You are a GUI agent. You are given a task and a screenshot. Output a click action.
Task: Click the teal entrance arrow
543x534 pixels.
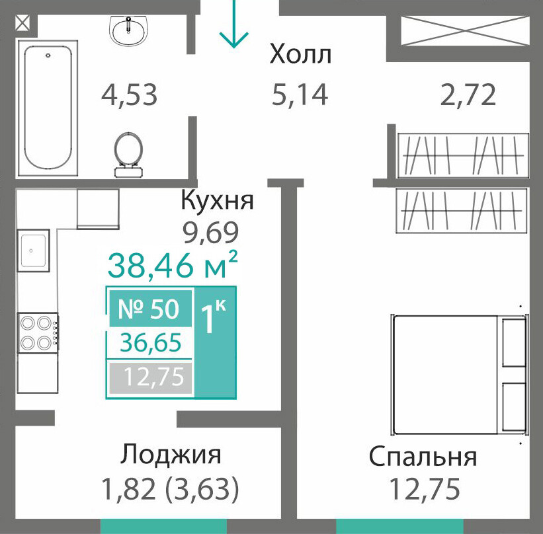click(234, 24)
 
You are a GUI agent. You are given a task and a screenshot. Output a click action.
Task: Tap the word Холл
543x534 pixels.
click(300, 54)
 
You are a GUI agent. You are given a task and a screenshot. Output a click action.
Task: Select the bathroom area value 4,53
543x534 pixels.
click(129, 95)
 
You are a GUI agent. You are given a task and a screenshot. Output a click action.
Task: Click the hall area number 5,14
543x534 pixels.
click(300, 95)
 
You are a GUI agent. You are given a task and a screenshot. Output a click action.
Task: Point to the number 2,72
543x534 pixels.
click(468, 95)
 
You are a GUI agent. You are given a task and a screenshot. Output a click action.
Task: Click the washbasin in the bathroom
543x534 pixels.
click(128, 31)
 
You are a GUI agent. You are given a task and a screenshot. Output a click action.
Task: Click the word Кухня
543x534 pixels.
click(218, 200)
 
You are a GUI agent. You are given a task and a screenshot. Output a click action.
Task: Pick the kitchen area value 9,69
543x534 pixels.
click(211, 232)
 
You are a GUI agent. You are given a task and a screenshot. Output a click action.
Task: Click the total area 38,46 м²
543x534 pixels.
click(173, 265)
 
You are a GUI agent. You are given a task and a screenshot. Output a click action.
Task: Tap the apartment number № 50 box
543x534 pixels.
click(151, 309)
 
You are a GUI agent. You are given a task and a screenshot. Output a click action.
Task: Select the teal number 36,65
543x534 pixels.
click(151, 342)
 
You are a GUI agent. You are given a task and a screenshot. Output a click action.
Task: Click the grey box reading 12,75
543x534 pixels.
click(151, 377)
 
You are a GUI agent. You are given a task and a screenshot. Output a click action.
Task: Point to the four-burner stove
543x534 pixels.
click(38, 333)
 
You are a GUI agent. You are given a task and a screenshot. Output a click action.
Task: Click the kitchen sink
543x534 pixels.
click(33, 250)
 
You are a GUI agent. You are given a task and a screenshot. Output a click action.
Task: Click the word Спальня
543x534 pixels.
click(423, 457)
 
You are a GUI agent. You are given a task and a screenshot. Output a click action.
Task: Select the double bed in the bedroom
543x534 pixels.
click(460, 375)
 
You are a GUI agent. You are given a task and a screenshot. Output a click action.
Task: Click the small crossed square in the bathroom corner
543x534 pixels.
click(23, 24)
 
